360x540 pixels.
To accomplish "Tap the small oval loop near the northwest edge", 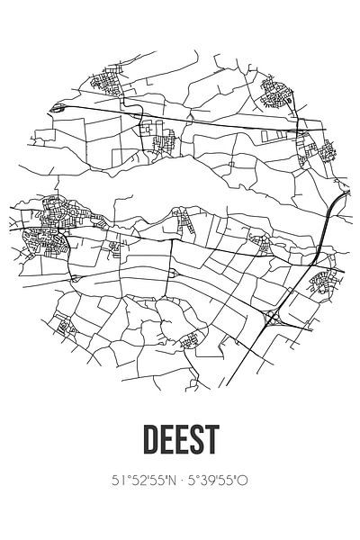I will click(x=58, y=106).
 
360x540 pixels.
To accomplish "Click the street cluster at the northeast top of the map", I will click(x=274, y=90).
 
